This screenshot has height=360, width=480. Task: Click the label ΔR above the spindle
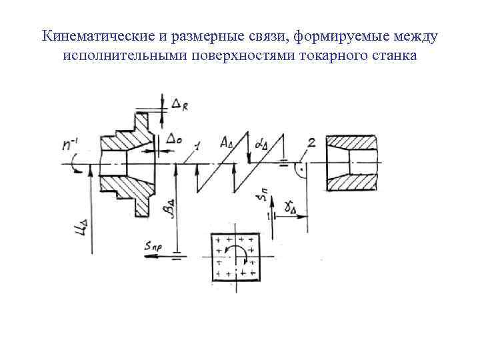179,103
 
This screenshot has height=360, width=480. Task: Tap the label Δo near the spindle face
175,139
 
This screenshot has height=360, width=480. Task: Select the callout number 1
198,146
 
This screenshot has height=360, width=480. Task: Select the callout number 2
312,143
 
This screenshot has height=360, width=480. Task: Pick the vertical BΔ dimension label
168,212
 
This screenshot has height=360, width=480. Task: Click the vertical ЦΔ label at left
79,229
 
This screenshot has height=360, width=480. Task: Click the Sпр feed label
153,247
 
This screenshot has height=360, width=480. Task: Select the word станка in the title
393,55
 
